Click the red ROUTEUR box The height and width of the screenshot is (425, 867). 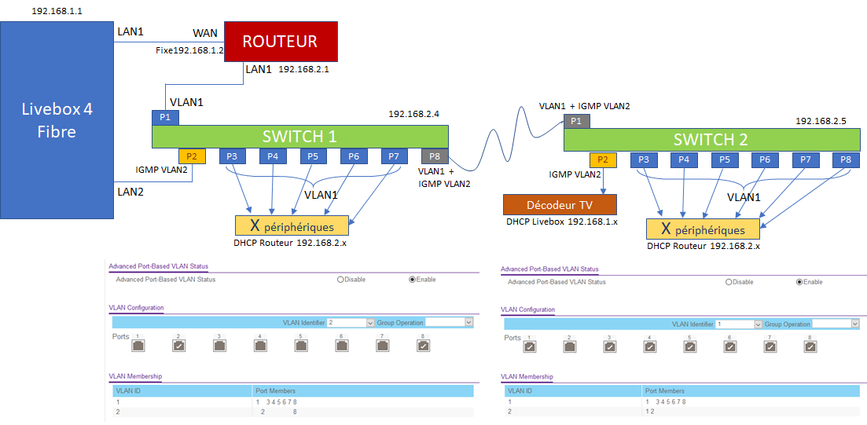(281, 42)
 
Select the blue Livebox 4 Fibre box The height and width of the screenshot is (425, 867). (57, 119)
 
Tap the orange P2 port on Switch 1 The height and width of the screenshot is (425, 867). (192, 156)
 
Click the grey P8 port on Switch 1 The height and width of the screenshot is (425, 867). (435, 156)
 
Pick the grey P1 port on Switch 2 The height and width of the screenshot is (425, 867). (576, 121)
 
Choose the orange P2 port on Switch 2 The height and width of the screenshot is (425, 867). (603, 160)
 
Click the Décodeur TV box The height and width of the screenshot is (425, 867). (560, 204)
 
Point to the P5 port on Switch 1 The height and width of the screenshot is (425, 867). (313, 156)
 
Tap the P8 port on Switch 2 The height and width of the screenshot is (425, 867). (845, 160)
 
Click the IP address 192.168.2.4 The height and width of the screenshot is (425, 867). (413, 114)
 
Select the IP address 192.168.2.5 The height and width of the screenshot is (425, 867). (821, 121)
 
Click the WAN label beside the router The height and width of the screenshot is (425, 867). (206, 34)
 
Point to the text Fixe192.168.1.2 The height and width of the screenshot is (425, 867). (189, 50)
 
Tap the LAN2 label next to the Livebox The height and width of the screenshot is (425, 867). (131, 191)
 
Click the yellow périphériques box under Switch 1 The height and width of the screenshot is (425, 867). (291, 226)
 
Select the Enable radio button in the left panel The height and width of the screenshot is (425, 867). (413, 279)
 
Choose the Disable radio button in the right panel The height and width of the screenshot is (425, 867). (729, 281)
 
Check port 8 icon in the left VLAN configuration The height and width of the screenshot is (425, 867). (423, 345)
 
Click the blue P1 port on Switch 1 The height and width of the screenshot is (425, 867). (166, 117)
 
